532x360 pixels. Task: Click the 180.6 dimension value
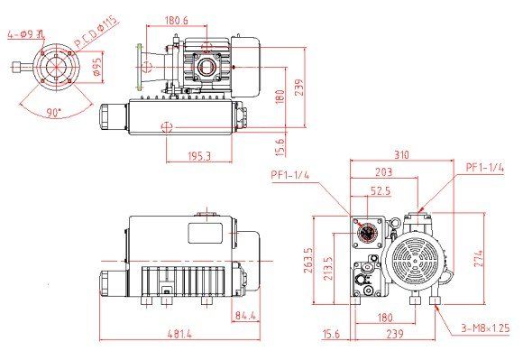(176, 20)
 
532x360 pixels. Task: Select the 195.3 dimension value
(199, 156)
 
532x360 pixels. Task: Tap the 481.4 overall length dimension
(179, 334)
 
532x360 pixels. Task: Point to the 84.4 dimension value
(245, 316)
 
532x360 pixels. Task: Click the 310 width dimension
(402, 154)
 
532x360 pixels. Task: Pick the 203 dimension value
(384, 171)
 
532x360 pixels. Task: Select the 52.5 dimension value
(381, 191)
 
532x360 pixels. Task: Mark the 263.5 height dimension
(308, 260)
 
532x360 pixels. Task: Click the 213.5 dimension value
(328, 268)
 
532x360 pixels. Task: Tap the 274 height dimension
(479, 259)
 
